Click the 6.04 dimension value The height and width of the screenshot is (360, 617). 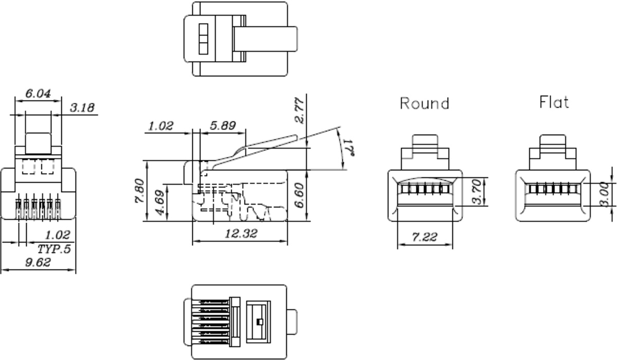pyautogui.click(x=37, y=94)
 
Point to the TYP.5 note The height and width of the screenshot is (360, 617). pyautogui.click(x=54, y=249)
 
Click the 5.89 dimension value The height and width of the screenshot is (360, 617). pyautogui.click(x=222, y=125)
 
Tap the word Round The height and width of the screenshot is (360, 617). pyautogui.click(x=425, y=103)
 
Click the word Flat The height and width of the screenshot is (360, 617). pyautogui.click(x=554, y=102)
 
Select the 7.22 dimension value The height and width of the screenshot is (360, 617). pyautogui.click(x=425, y=237)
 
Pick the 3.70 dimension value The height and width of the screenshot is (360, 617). pyautogui.click(x=476, y=191)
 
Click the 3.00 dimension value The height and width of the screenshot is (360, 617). pyautogui.click(x=605, y=194)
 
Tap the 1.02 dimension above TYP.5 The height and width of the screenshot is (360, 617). pyautogui.click(x=57, y=235)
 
